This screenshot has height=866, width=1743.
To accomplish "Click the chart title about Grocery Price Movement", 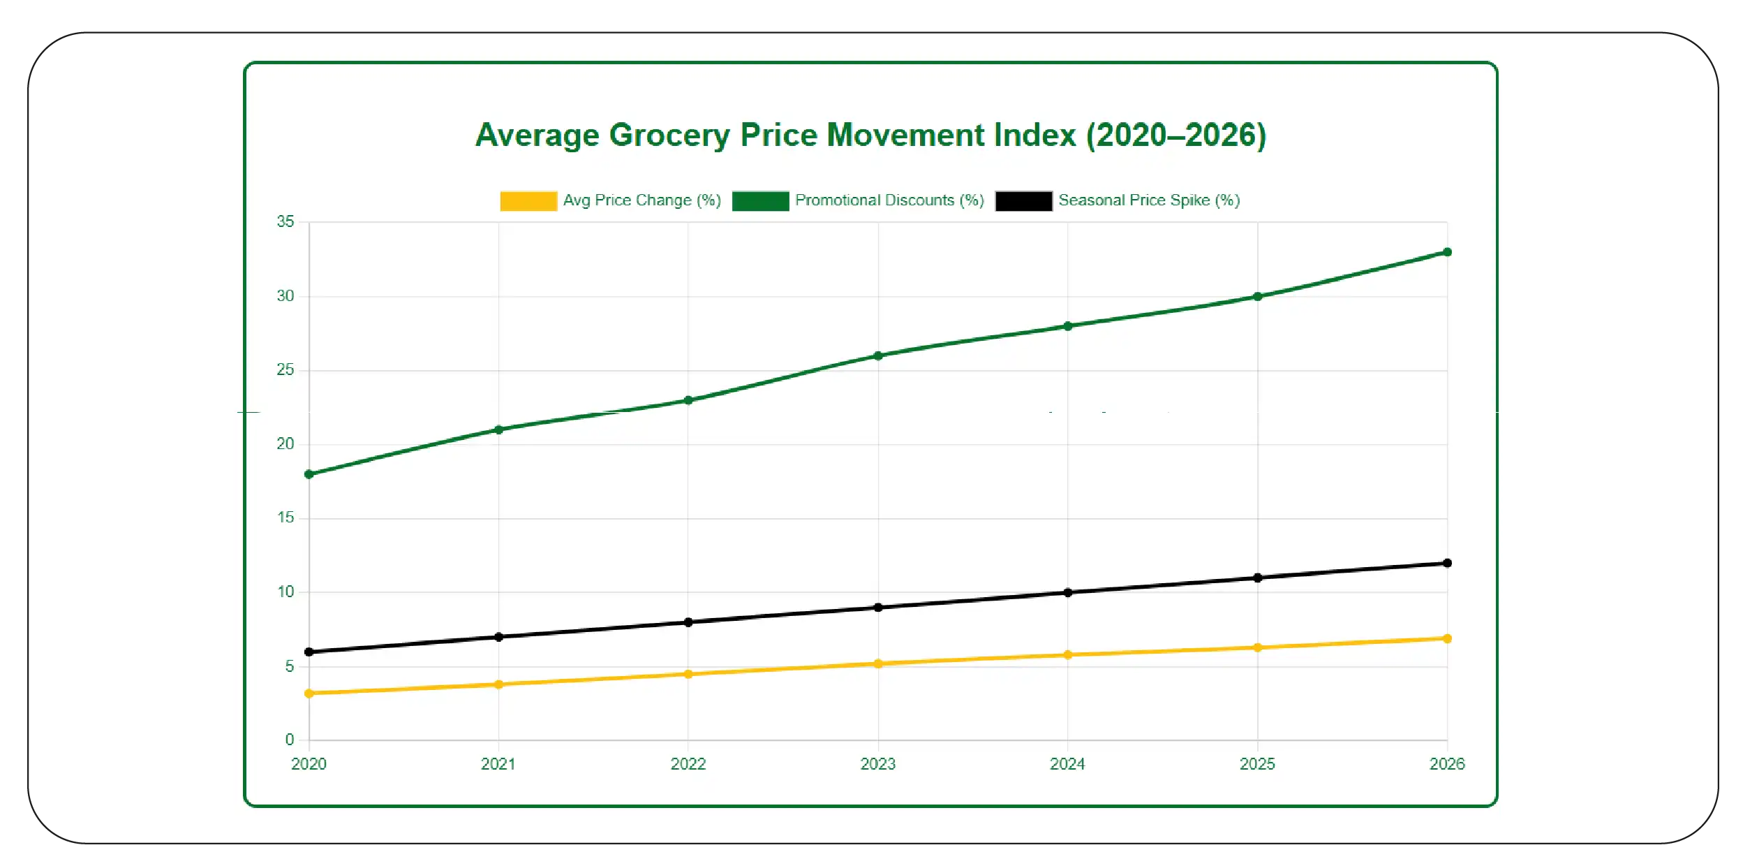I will (x=870, y=135).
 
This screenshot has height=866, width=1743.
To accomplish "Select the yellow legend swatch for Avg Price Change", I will (x=528, y=200).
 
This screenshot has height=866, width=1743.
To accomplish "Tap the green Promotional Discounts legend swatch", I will (x=760, y=200).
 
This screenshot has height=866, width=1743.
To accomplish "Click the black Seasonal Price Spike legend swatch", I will (x=1023, y=200).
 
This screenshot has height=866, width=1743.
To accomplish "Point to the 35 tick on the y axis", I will (x=285, y=222).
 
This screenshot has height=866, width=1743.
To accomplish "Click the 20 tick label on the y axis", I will (x=285, y=444).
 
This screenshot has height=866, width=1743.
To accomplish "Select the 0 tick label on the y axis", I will (x=289, y=739).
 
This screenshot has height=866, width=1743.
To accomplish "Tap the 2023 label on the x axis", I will (x=877, y=764).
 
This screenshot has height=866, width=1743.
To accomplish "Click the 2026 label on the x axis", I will (x=1446, y=764).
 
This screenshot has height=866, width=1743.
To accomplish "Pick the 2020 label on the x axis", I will (x=309, y=764).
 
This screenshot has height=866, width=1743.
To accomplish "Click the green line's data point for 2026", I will (x=1447, y=252).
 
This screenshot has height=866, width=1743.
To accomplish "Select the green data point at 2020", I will (x=309, y=474).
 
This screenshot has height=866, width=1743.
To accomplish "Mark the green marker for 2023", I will (x=878, y=355).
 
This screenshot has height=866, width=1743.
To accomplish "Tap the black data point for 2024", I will (x=1067, y=592).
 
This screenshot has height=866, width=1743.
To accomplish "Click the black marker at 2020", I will (x=309, y=652).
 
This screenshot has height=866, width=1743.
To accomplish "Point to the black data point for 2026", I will (x=1447, y=563).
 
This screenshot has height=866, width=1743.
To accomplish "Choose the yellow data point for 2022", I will (x=688, y=674).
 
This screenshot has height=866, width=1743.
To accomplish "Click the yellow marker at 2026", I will (x=1447, y=638).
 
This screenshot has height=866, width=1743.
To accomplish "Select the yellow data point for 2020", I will (x=309, y=693).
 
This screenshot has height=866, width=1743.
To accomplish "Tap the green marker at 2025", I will (x=1257, y=297).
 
